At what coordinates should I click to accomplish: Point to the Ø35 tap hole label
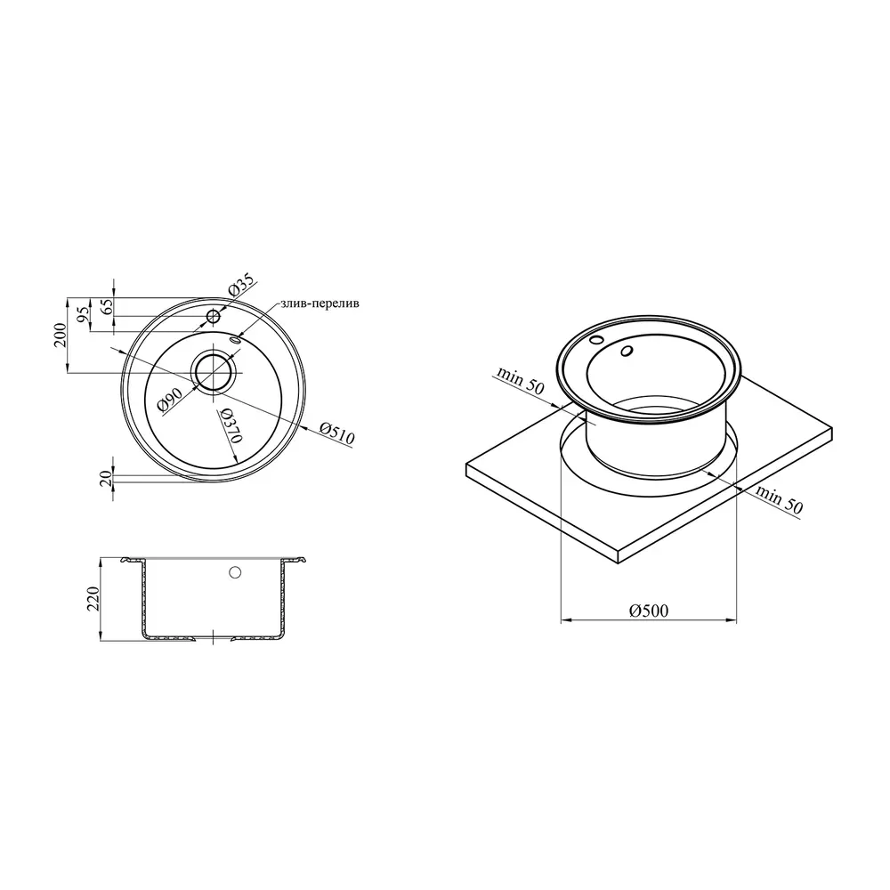[x=242, y=287]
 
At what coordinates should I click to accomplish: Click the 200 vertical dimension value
[x=61, y=335]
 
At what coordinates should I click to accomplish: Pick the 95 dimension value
[x=83, y=314]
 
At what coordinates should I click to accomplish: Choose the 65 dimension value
[x=107, y=306]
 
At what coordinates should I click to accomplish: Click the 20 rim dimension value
[x=106, y=478]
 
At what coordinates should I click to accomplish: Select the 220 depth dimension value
[x=93, y=599]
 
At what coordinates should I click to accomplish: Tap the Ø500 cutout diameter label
[x=649, y=611]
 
